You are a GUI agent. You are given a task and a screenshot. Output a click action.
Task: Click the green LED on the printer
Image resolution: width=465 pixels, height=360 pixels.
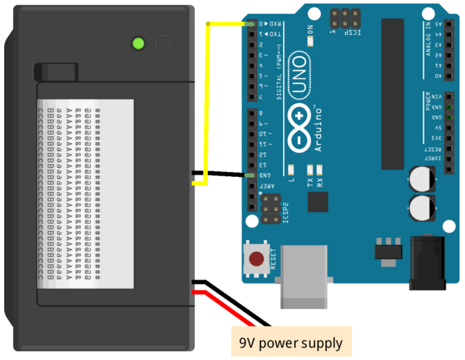139,44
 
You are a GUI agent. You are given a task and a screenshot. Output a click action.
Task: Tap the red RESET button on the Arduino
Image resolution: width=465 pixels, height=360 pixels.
257,260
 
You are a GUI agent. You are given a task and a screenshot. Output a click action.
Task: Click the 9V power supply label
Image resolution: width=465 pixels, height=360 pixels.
291,341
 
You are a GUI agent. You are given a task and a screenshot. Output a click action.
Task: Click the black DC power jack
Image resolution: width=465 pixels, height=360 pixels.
429,263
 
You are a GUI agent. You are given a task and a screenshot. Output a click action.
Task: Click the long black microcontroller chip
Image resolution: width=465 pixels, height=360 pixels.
393,93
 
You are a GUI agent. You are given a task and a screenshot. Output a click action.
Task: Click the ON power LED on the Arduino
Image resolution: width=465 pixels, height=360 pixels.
310,40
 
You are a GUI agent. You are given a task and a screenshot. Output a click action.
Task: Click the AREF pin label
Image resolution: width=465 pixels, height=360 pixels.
272,186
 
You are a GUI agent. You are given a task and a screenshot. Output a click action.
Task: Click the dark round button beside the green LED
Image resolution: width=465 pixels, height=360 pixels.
163,44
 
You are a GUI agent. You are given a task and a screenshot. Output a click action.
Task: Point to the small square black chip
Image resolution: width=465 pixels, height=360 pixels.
318,202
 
